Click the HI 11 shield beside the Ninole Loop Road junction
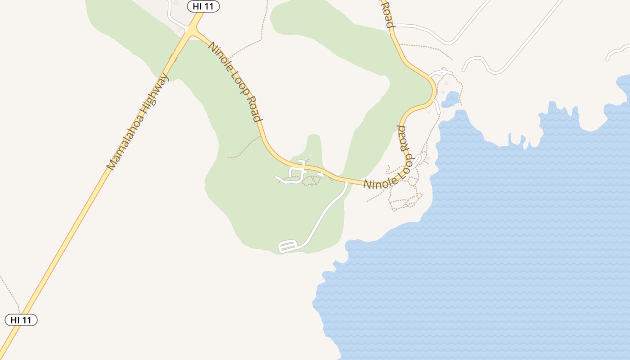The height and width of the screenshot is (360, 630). click(203, 6)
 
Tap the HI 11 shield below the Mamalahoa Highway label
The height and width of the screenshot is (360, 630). click(21, 320)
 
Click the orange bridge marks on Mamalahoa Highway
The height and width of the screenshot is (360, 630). click(173, 58)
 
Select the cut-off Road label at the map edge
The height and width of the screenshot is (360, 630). click(387, 13)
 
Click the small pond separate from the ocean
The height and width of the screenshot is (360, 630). click(450, 99)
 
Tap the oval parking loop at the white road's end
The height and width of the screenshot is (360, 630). click(288, 246)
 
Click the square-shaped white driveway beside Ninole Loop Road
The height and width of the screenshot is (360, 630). click(297, 171)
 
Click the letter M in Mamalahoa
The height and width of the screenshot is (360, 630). click(110, 165)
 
